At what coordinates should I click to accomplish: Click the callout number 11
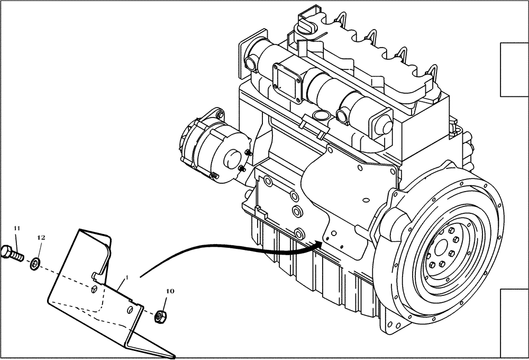16,228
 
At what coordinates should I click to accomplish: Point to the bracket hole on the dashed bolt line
94,288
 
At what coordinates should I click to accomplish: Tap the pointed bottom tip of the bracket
175,354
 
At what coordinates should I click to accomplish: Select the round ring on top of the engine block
320,115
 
